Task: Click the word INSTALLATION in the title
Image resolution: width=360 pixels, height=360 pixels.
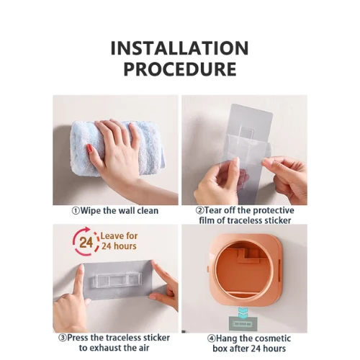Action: pyautogui.click(x=179, y=48)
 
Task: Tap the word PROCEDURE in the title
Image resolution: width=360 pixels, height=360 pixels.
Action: pyautogui.click(x=180, y=69)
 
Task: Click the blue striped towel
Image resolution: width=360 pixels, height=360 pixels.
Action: pyautogui.click(x=117, y=149)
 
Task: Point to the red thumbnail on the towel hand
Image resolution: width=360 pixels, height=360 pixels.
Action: pyautogui.click(x=89, y=148)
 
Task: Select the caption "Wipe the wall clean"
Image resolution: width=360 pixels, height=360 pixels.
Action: pyautogui.click(x=115, y=211)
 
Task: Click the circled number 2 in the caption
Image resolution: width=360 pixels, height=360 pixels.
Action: pyautogui.click(x=199, y=210)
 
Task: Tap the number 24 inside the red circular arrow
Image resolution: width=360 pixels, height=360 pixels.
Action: pyautogui.click(x=86, y=243)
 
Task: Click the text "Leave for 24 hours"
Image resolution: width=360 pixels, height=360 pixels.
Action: pyautogui.click(x=119, y=241)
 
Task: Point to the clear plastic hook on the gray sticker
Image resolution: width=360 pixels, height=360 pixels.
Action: pyautogui.click(x=117, y=280)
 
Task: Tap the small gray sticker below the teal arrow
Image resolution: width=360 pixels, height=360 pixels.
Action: pyautogui.click(x=242, y=324)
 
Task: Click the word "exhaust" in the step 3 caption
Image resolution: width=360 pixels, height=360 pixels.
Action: pyautogui.click(x=111, y=348)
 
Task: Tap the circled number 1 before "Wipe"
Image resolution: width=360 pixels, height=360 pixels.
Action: pyautogui.click(x=76, y=211)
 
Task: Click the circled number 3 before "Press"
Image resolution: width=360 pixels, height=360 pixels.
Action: pyautogui.click(x=63, y=338)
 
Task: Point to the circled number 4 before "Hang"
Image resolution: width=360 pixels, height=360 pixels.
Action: pyautogui.click(x=212, y=338)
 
